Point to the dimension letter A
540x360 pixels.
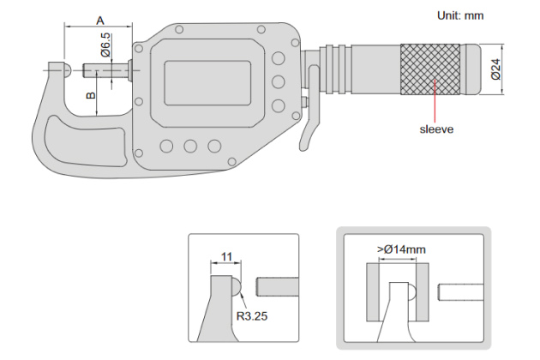click(99, 19)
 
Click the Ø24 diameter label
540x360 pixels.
click(495, 69)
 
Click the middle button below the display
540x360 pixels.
click(190, 146)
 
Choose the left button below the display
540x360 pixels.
click(167, 146)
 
